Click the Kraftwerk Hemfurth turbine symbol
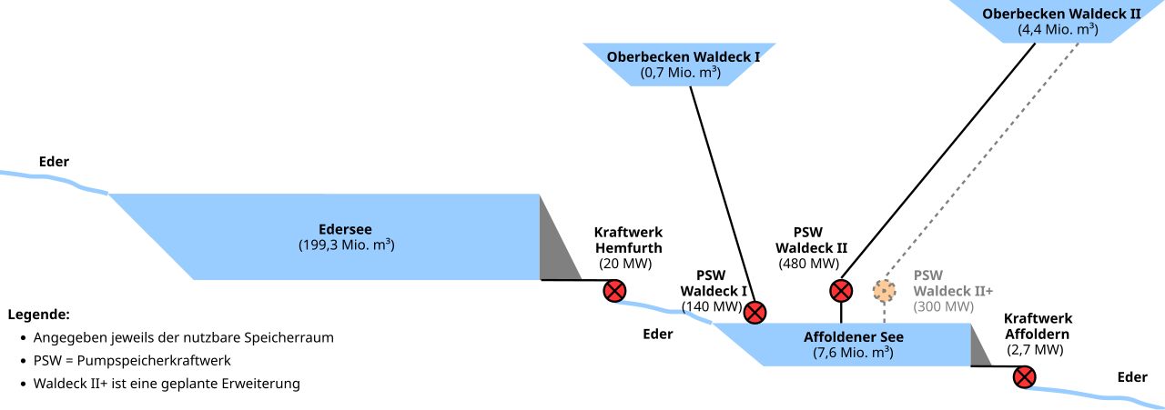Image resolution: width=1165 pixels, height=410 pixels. coord(615,291)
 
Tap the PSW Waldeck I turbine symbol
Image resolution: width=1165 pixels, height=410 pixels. coord(755,313)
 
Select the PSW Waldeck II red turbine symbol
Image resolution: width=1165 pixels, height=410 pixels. coord(841,291)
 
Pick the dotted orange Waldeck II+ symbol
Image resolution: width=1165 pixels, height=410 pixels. coord(884,291)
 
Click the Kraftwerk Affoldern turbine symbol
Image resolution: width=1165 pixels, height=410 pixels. coord(1026,376)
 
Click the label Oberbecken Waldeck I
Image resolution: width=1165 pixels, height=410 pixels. coord(684,56)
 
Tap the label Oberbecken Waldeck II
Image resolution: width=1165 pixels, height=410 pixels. coord(1060,14)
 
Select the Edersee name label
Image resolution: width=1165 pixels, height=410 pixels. coord(345,229)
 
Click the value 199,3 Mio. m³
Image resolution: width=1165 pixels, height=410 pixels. coord(346,245)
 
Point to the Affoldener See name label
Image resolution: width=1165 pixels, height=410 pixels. coord(853,337)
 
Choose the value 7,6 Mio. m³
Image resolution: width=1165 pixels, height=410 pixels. coord(853,353)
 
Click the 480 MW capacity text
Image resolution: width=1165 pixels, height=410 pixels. coord(809,264)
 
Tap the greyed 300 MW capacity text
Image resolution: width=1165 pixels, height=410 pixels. coord(944,306)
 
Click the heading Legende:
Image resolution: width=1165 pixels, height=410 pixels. coord(38,315)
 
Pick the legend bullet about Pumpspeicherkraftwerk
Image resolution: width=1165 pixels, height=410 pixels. coord(132,360)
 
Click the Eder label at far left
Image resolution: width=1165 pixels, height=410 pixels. coord(54,162)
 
